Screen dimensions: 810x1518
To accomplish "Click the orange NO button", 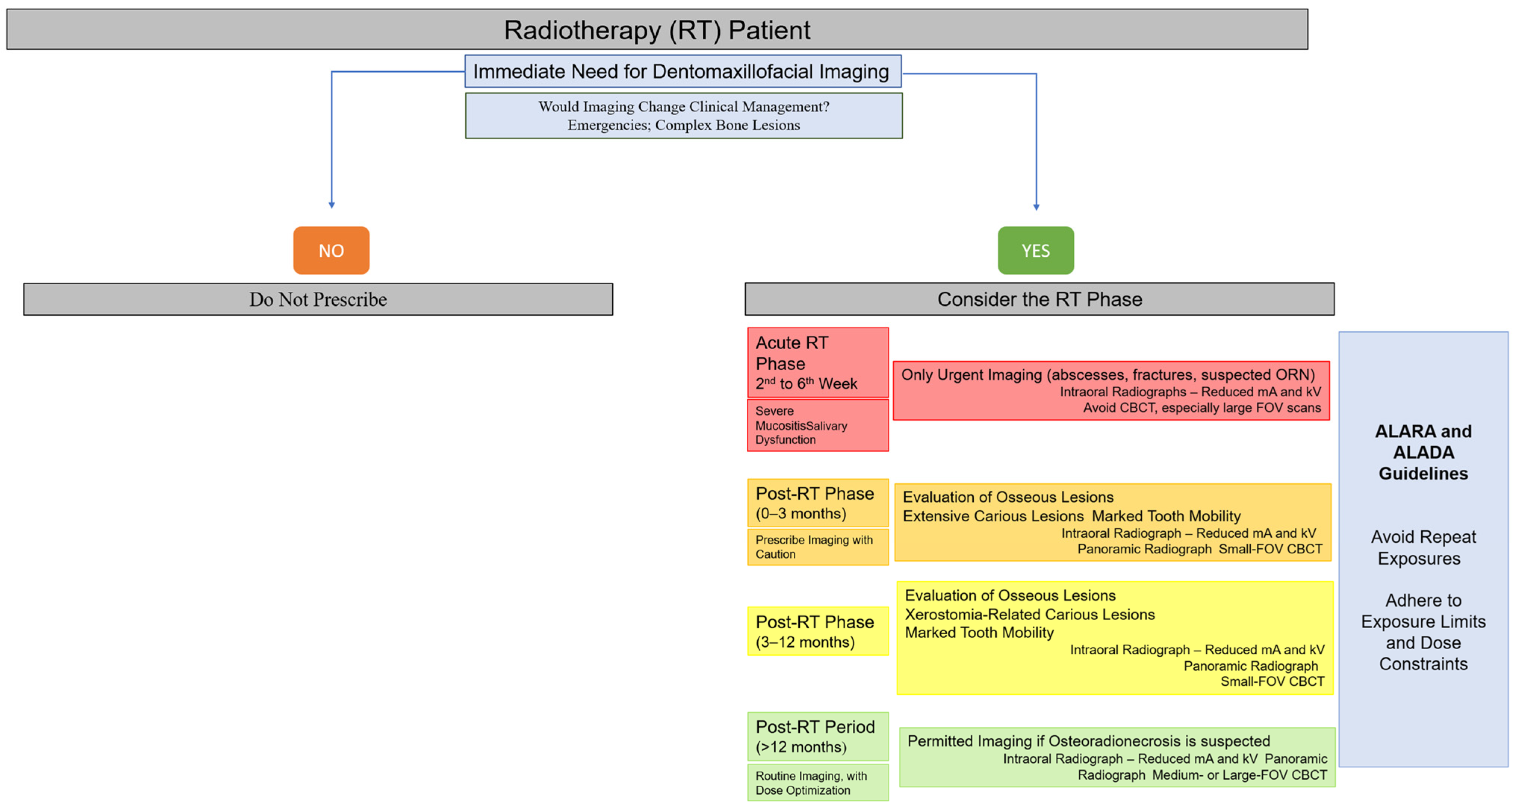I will pyautogui.click(x=331, y=250).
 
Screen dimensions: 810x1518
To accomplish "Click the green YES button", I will pyautogui.click(x=1035, y=250).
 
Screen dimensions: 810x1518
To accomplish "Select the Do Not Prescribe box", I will pyautogui.click(x=318, y=299).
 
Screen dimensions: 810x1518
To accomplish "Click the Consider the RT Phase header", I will pyautogui.click(x=1039, y=299).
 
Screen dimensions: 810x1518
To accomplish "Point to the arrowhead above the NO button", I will pyautogui.click(x=332, y=204).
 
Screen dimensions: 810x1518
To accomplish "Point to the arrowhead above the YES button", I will pyautogui.click(x=1036, y=206).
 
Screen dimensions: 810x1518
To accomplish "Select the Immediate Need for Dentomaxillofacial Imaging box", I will pyautogui.click(x=682, y=71).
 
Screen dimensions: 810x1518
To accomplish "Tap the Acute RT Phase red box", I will pyautogui.click(x=817, y=362).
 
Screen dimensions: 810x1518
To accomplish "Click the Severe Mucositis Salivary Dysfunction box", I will pyautogui.click(x=817, y=425).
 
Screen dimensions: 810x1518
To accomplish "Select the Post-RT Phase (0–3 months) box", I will pyautogui.click(x=817, y=503).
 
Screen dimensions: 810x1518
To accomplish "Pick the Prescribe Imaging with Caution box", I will pyautogui.click(x=817, y=547).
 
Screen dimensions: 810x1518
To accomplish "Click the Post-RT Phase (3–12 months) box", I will pyautogui.click(x=817, y=631).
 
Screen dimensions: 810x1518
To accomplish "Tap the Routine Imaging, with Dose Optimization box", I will pyautogui.click(x=817, y=782).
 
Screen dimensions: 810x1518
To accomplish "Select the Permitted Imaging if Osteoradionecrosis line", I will pyautogui.click(x=1088, y=741).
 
